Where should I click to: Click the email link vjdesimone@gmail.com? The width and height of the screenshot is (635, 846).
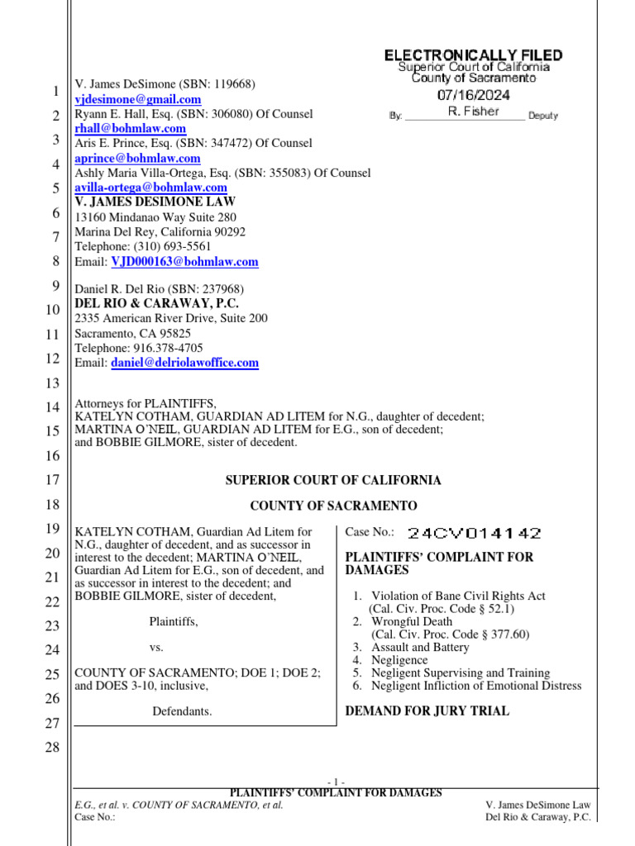tap(138, 99)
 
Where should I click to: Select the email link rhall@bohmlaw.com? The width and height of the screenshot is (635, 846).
tap(131, 129)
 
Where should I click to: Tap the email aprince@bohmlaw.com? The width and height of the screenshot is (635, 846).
tap(138, 158)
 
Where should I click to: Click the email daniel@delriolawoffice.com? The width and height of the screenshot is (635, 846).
tap(185, 363)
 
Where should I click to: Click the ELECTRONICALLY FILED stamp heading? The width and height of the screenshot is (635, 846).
tap(473, 55)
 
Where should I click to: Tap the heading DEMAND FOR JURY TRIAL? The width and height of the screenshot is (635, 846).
tap(427, 711)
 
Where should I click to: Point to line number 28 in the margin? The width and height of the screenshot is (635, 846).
tap(50, 749)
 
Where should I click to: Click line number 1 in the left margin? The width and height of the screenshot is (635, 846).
tap(54, 91)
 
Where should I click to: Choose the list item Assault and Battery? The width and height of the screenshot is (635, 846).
tap(420, 648)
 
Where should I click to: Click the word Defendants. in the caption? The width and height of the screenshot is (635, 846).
tap(182, 711)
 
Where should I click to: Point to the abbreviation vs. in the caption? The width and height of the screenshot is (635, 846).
tap(157, 649)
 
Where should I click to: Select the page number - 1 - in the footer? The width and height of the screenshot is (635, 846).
tap(336, 782)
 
